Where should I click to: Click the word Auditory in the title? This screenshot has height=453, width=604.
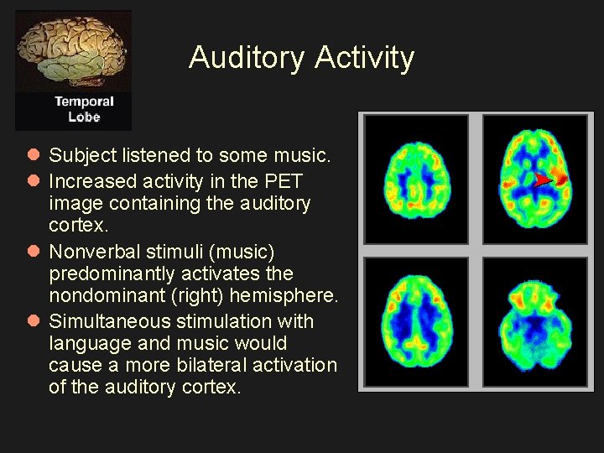247,58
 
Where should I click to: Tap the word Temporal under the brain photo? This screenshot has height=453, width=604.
84,102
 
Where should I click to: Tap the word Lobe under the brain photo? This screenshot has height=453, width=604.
84,117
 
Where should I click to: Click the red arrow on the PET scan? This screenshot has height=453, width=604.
544,180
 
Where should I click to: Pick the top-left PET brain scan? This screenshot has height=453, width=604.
416,179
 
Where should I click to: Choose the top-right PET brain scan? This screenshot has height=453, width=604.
534,179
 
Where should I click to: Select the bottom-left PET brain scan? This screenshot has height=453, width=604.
416,321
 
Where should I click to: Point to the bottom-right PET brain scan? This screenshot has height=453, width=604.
534,321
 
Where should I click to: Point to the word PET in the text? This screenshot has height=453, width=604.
283,181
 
